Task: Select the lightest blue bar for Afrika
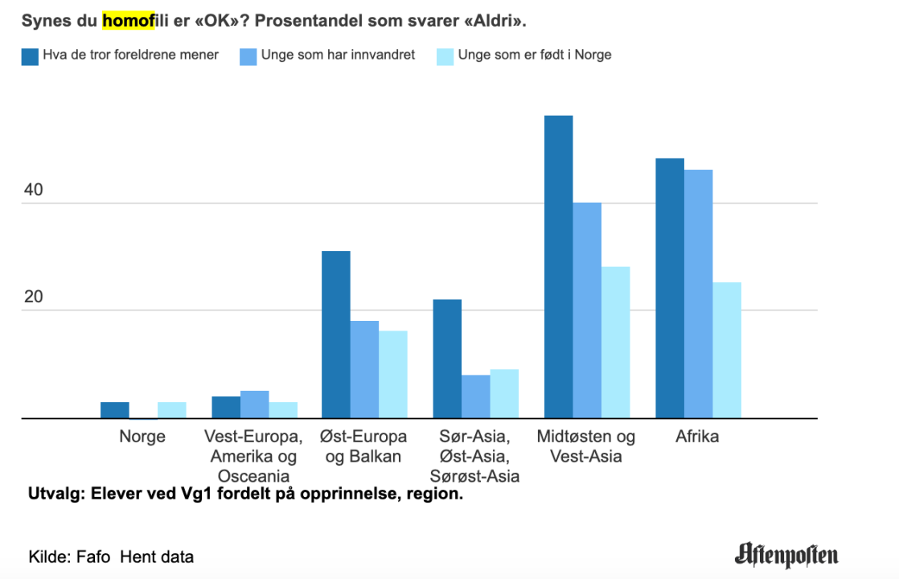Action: click(x=727, y=351)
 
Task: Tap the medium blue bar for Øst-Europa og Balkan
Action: click(x=364, y=370)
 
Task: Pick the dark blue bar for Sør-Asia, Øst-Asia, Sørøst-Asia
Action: click(x=447, y=359)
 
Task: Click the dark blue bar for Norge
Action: click(x=115, y=410)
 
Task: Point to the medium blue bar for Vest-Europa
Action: click(x=254, y=404)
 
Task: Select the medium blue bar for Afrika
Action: click(x=698, y=294)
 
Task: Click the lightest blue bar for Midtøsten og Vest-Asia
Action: click(x=615, y=343)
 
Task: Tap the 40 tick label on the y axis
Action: click(x=33, y=191)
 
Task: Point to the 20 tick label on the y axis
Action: click(x=33, y=298)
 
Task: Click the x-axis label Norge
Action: click(x=142, y=437)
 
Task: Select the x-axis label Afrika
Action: click(x=697, y=437)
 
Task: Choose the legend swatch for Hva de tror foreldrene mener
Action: click(x=30, y=56)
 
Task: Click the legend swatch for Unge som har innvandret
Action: click(x=248, y=56)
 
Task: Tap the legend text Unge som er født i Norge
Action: click(x=535, y=55)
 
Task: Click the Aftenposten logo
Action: click(x=786, y=555)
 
